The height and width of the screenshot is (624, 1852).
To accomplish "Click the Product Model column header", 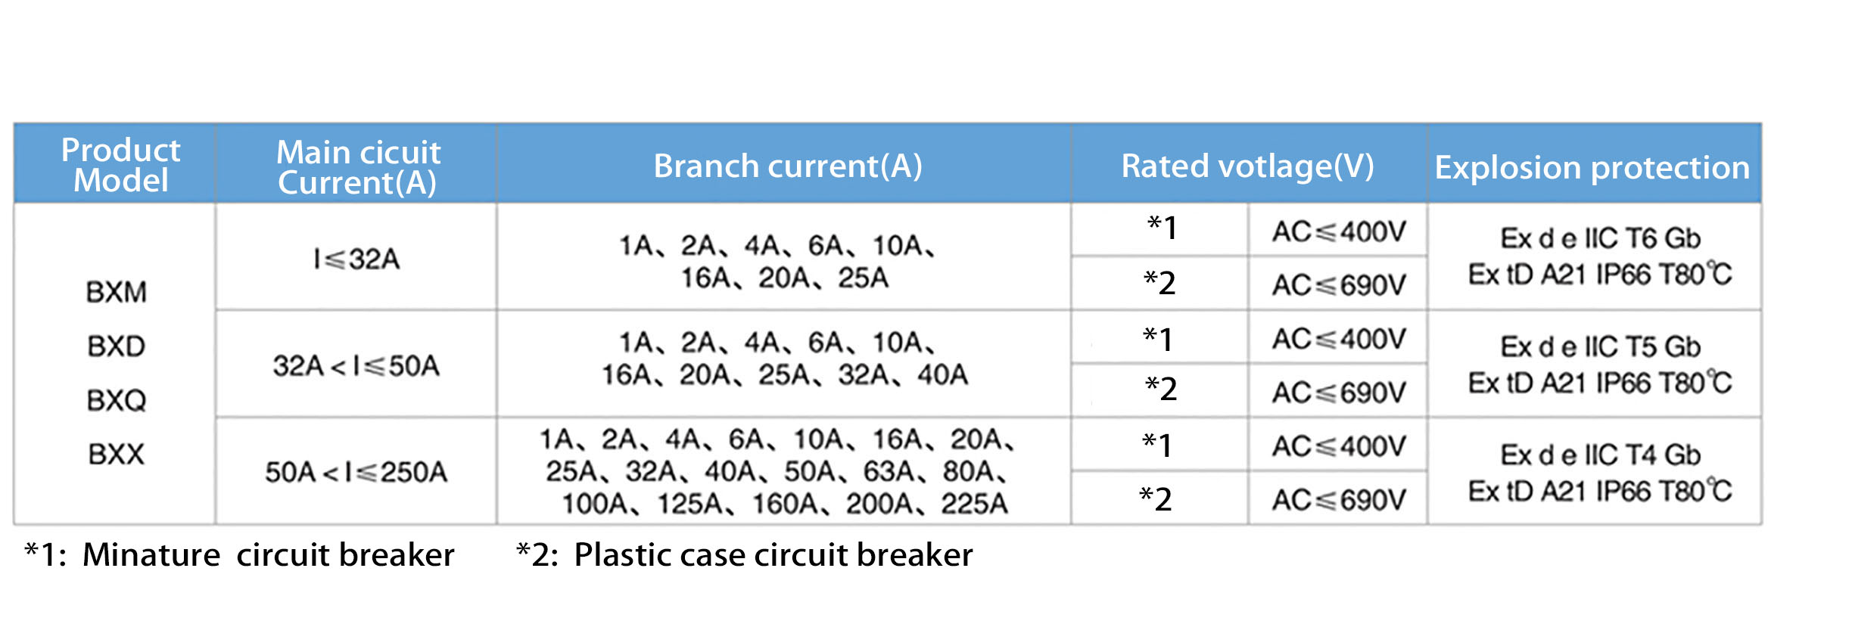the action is tap(120, 165).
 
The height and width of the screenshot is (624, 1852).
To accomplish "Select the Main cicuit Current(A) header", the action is tap(358, 167).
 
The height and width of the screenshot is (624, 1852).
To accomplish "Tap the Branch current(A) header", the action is tap(788, 166).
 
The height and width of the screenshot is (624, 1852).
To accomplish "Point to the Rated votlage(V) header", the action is tap(1247, 166).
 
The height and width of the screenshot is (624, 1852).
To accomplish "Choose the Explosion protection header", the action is tap(1592, 167).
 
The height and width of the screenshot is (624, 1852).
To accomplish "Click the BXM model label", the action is tap(116, 292).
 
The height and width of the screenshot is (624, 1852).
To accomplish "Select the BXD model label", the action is tap(116, 346).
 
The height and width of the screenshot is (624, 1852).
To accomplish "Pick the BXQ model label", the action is tap(116, 400).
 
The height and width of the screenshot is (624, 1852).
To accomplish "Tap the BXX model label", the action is tap(116, 454).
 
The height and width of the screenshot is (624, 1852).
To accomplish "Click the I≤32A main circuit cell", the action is tap(356, 259).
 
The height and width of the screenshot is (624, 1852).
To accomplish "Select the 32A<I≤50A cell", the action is tap(356, 366).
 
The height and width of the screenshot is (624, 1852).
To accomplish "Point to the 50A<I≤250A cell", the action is tap(356, 472).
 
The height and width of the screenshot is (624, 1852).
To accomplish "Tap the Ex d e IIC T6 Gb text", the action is tap(1600, 238).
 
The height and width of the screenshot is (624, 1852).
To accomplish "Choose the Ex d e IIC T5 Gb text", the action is tap(1600, 346).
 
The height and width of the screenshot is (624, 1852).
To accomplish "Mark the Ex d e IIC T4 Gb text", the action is tap(1600, 455).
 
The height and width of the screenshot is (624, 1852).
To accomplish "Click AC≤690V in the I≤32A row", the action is tap(1338, 285).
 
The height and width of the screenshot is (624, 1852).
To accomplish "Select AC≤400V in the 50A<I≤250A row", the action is tap(1338, 446).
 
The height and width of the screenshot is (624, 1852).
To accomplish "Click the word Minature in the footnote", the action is tap(151, 554).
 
